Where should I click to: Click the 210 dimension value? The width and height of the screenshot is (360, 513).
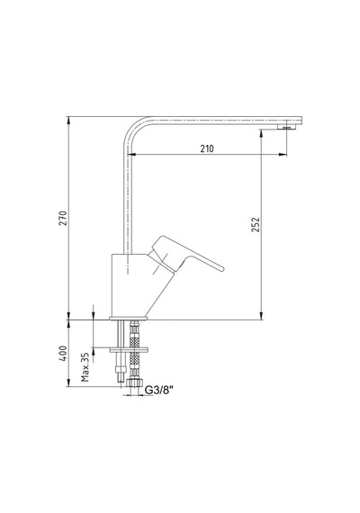pos(207,148)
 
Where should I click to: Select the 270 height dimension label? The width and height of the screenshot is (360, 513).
pos(63,218)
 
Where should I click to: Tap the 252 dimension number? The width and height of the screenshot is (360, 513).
pos(256,224)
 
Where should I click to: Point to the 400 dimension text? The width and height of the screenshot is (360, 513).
pos(63,354)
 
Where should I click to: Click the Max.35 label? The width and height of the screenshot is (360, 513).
pos(85,367)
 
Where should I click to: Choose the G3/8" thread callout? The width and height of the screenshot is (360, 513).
pos(159,390)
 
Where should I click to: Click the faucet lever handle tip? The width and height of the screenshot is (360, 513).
pos(221,268)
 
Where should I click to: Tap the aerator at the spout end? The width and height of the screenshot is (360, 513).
pos(287,127)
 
